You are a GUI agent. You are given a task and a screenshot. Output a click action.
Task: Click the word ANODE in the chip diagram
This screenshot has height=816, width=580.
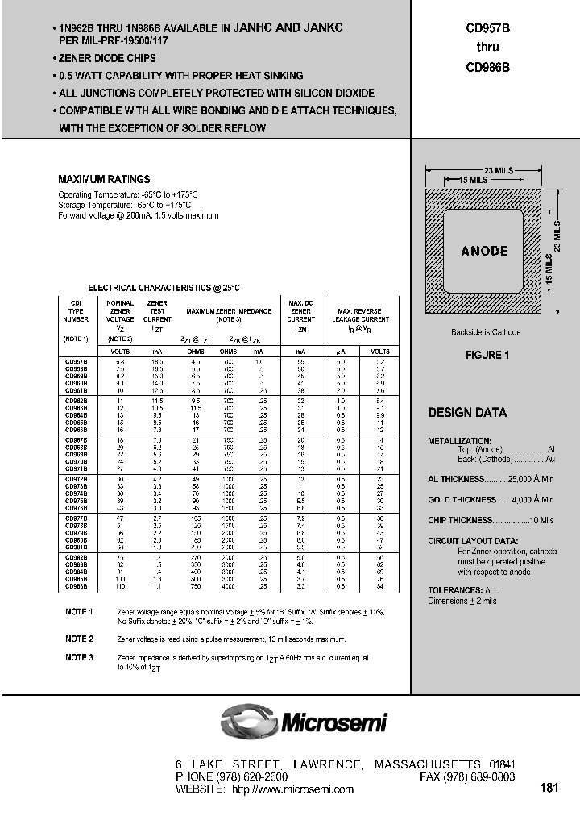[484, 251]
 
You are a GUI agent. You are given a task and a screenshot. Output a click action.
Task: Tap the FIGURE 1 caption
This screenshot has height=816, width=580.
[487, 356]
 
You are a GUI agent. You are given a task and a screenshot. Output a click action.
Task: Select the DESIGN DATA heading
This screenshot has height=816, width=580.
[467, 413]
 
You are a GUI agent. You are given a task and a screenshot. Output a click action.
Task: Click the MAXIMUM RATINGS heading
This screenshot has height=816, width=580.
[104, 179]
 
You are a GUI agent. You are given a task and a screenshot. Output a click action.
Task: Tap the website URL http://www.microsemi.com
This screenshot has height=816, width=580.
[292, 789]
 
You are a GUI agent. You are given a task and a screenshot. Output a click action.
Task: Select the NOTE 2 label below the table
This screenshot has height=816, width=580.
[80, 639]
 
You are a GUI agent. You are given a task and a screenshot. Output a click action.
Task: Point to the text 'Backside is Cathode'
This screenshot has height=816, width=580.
[486, 332]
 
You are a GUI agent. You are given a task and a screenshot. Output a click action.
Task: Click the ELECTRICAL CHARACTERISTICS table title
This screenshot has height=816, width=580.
[164, 288]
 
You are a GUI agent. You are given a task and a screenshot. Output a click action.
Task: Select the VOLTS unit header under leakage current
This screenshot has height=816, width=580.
[379, 352]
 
